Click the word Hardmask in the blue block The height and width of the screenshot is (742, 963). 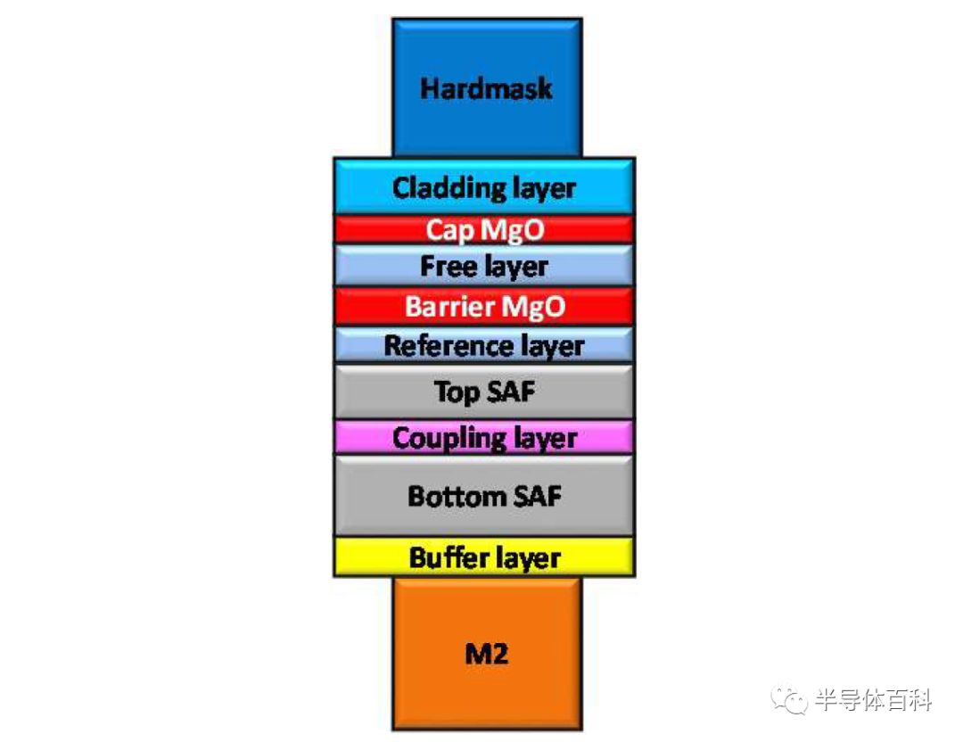click(x=486, y=88)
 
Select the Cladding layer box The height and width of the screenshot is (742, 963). click(x=484, y=186)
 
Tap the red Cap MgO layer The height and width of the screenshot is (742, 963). click(x=484, y=230)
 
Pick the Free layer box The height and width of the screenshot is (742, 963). click(x=484, y=266)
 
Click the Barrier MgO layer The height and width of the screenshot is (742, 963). click(x=484, y=306)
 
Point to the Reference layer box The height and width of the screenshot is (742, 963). click(x=484, y=345)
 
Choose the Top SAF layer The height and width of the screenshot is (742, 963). click(x=484, y=392)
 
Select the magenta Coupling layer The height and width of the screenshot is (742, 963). click(x=484, y=437)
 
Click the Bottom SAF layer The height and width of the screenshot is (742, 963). click(x=484, y=495)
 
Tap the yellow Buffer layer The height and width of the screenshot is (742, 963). click(x=484, y=557)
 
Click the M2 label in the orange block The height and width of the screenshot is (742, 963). click(x=487, y=654)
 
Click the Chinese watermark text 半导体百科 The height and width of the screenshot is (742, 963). click(x=873, y=700)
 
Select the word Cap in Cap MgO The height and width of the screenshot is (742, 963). click(x=449, y=231)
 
